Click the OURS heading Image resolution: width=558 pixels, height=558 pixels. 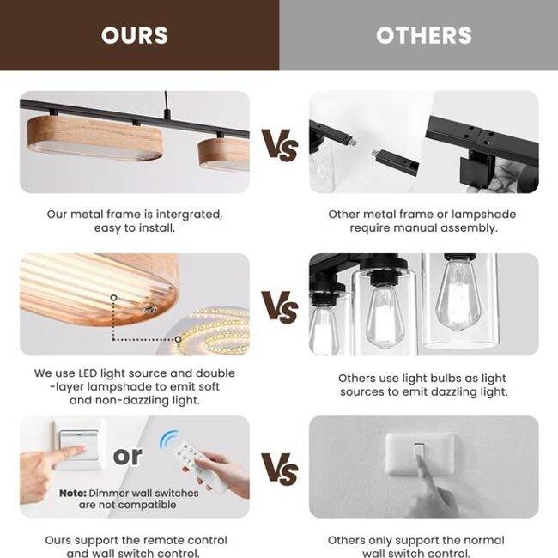[135, 35]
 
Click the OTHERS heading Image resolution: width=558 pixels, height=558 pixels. [424, 35]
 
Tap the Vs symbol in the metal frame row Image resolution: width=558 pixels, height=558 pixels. [280, 145]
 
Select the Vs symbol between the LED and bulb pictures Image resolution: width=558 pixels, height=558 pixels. [280, 306]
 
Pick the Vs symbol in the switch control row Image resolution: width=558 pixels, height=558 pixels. [280, 469]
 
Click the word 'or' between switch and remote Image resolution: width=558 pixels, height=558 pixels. [128, 456]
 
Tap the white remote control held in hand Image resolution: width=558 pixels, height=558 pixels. [200, 465]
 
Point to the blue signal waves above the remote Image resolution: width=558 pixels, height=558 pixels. [168, 439]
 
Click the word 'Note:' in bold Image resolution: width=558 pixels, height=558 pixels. [73, 494]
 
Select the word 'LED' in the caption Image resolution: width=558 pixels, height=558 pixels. [88, 373]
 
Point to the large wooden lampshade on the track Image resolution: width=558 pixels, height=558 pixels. [95, 138]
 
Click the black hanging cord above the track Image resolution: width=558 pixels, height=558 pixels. [167, 104]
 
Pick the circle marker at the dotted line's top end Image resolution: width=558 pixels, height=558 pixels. [113, 298]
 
